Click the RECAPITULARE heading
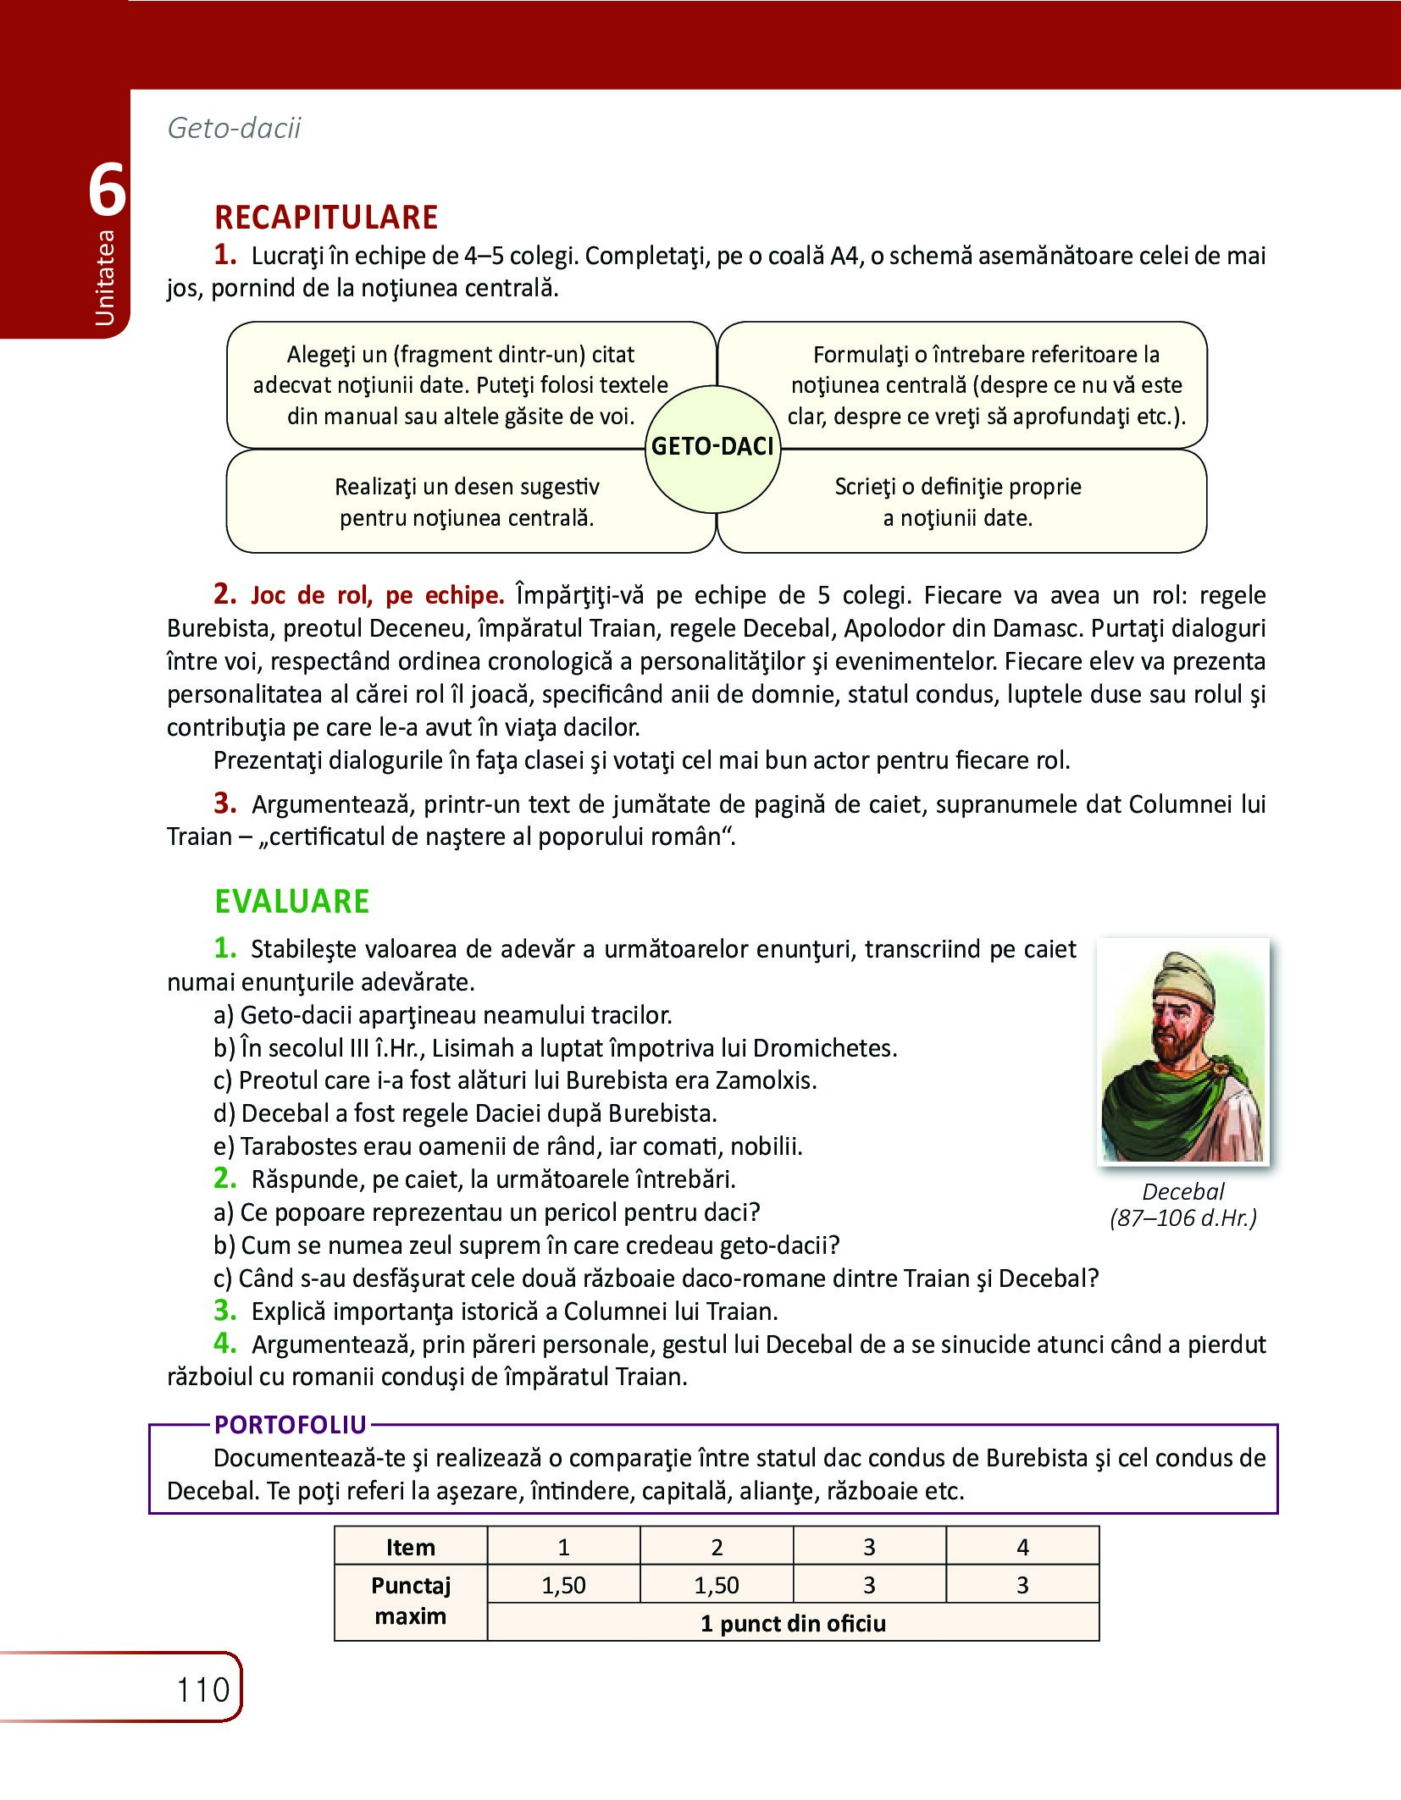pos(326,218)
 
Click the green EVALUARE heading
pos(291,901)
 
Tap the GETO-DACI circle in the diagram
pos(712,447)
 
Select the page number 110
pos(203,1690)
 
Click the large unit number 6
pos(108,191)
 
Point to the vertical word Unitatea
pos(104,277)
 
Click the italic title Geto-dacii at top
pos(235,128)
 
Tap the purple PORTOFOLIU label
pos(290,1425)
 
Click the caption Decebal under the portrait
pos(1182,1191)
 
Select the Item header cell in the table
pos(411,1547)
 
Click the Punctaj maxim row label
pos(411,1601)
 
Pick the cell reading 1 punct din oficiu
pos(793,1623)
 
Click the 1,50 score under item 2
pos(717,1585)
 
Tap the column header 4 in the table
pos(1022,1547)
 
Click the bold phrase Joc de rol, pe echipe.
pos(377,595)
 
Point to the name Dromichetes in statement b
pos(824,1048)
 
